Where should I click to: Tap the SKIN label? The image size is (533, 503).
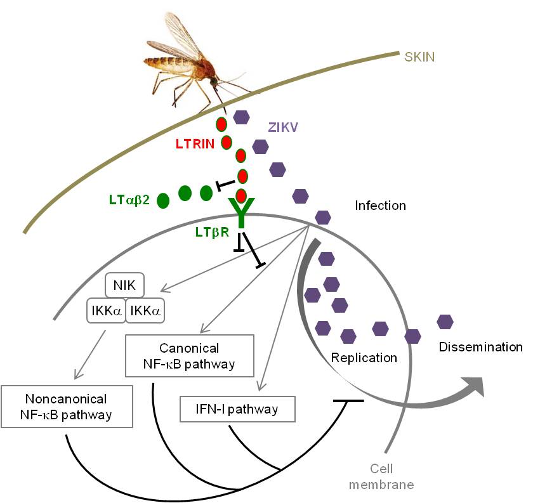tap(421, 57)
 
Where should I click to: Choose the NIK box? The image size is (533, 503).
tap(125, 285)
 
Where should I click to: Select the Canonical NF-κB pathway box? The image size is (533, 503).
tap(190, 356)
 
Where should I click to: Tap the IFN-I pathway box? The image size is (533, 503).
tap(237, 409)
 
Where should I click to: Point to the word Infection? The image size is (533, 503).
tap(381, 206)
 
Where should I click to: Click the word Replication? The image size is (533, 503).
tap(364, 358)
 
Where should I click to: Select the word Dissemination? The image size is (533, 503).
tap(480, 347)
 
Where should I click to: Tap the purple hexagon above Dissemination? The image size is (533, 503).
tap(445, 322)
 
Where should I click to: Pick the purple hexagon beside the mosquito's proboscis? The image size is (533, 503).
tap(241, 117)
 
